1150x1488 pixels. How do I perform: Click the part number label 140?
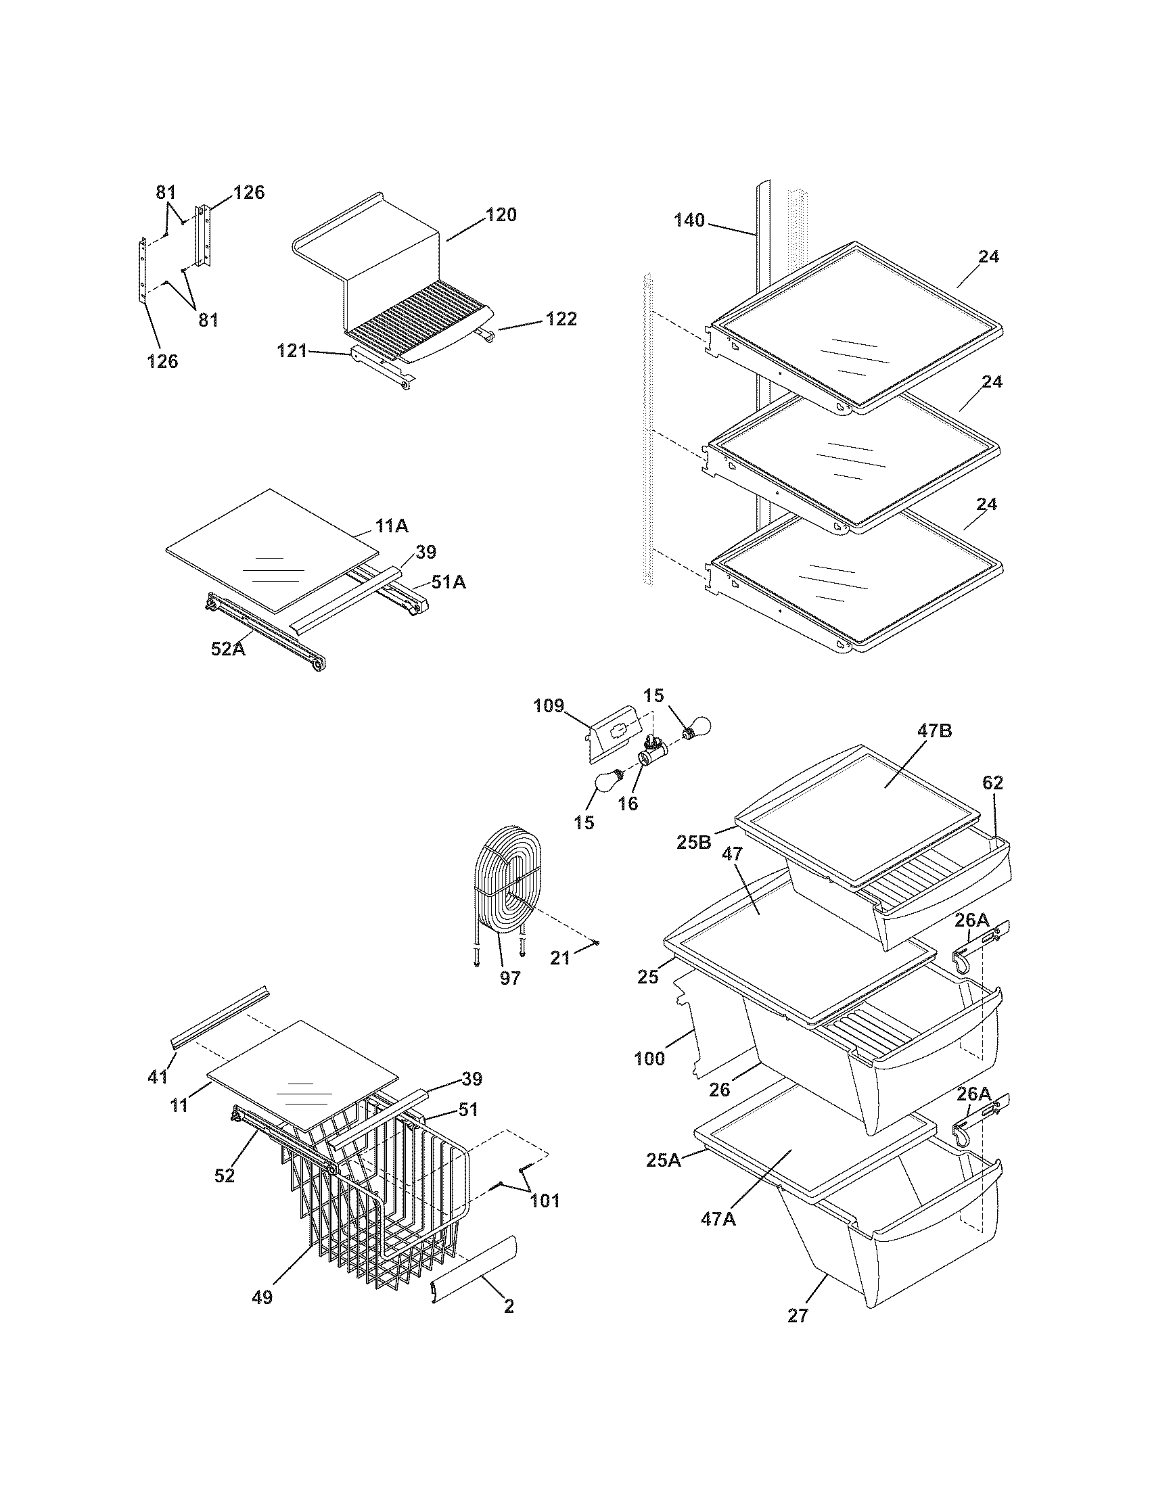coord(689,220)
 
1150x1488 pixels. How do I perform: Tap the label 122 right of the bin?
coord(561,319)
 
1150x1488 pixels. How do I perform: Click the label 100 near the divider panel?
coord(649,1059)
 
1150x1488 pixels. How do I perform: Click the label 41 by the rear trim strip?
coord(158,1077)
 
